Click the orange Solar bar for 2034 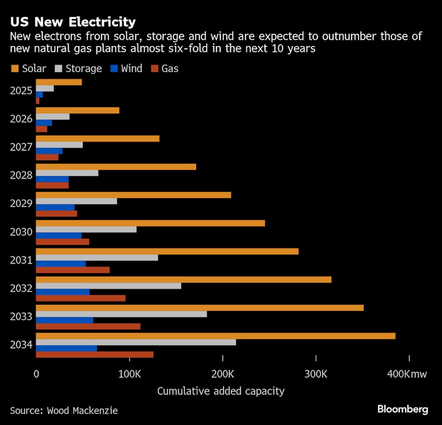click(215, 336)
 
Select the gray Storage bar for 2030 click(86, 230)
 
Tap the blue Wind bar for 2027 click(49, 151)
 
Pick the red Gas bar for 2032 click(80, 298)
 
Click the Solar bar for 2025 click(59, 82)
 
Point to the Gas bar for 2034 click(95, 355)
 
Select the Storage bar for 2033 click(121, 314)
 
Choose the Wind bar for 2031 click(61, 264)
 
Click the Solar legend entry click(28, 69)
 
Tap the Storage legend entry click(78, 69)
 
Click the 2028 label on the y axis click(21, 176)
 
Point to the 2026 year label click(21, 119)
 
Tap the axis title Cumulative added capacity click(221, 391)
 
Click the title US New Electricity click(73, 22)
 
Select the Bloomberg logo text click(403, 410)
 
